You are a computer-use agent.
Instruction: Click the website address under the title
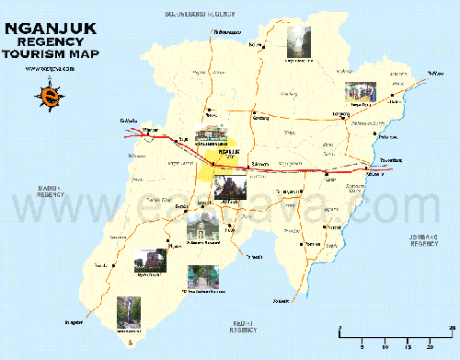[44, 68]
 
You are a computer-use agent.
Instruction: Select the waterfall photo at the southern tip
[128, 312]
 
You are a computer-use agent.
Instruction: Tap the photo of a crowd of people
[359, 93]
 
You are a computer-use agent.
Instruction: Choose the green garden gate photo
[200, 277]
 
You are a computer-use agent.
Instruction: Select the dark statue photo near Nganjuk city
[229, 187]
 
